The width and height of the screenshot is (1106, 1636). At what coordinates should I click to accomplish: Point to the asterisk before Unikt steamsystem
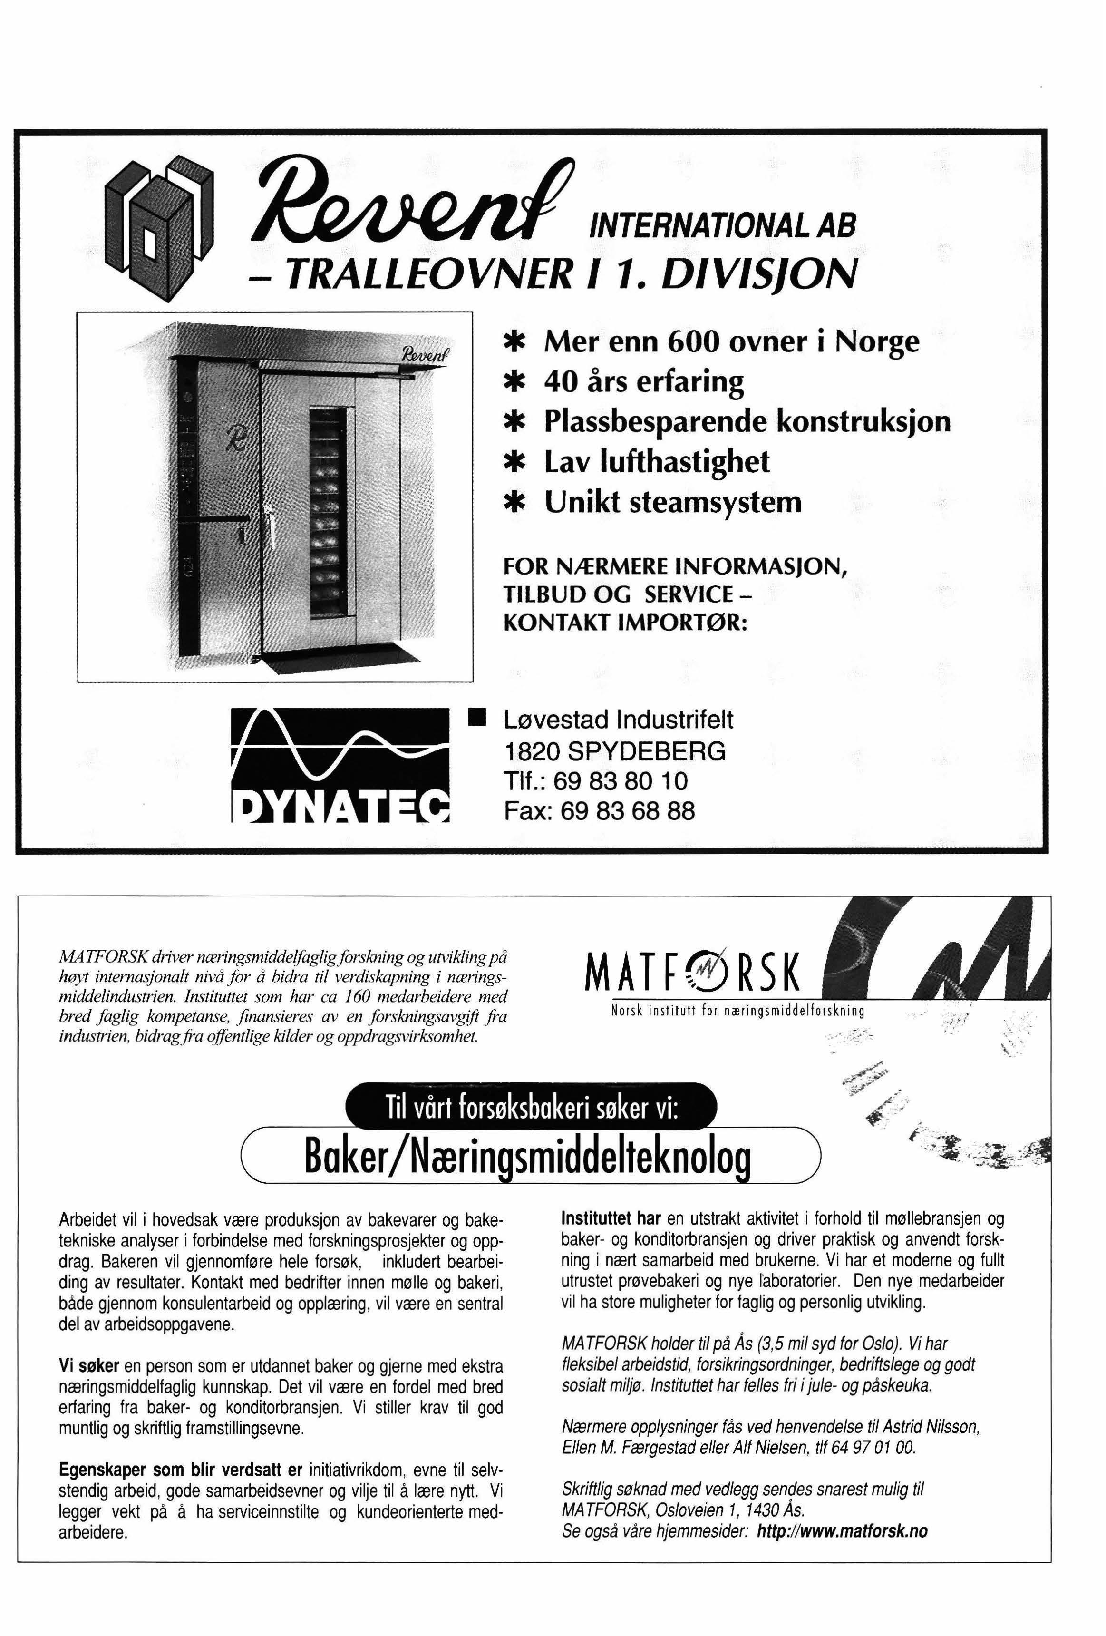(x=516, y=503)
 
